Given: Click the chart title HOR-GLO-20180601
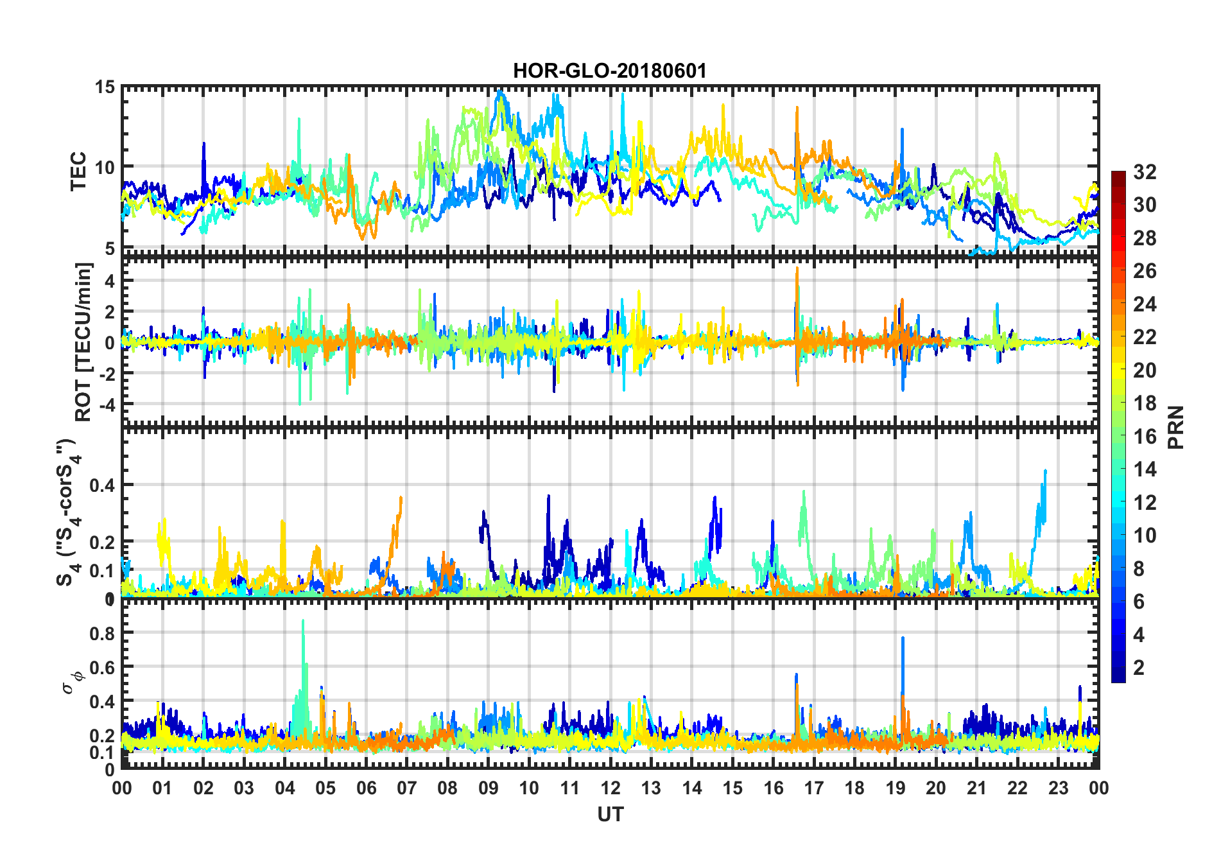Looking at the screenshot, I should tap(610, 71).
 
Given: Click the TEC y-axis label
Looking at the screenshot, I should tap(78, 171).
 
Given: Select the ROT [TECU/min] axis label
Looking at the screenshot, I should tap(83, 342).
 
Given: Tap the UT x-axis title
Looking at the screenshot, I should tap(610, 814).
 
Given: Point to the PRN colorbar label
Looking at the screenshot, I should tap(1176, 427).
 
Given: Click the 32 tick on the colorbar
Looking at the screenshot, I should tap(1145, 172).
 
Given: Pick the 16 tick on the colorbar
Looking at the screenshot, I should tap(1145, 437).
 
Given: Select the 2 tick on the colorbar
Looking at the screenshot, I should tap(1139, 668).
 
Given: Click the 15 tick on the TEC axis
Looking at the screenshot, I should tap(105, 87).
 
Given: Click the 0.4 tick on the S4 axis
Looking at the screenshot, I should tap(103, 485).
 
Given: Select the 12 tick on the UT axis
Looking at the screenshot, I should tap(610, 788).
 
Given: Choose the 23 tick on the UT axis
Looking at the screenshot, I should tap(1058, 788).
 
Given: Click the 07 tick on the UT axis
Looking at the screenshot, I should tap(407, 788).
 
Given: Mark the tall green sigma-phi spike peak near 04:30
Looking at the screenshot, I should tap(303, 621).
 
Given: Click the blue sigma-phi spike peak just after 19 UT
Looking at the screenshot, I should tap(903, 638).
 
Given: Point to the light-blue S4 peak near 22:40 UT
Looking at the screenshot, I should tap(1046, 471).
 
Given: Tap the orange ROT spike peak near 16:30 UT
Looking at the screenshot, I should tap(797, 268).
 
